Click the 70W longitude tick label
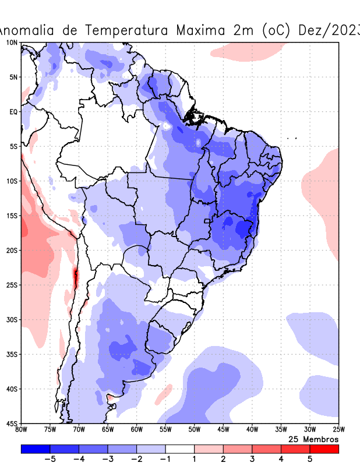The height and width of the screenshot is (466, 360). tap(79, 430)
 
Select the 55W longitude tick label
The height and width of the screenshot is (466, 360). tap(165, 430)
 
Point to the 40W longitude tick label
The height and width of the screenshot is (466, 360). tap(252, 430)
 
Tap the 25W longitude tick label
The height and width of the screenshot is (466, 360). tap(338, 430)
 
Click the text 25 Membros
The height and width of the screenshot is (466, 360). tap(313, 439)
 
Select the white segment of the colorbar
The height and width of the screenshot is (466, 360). tap(179, 449)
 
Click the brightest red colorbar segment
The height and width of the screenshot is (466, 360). tap(324, 449)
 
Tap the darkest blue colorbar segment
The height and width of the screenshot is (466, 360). tap(35, 449)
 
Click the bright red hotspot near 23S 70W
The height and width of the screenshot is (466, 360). tap(75, 277)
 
